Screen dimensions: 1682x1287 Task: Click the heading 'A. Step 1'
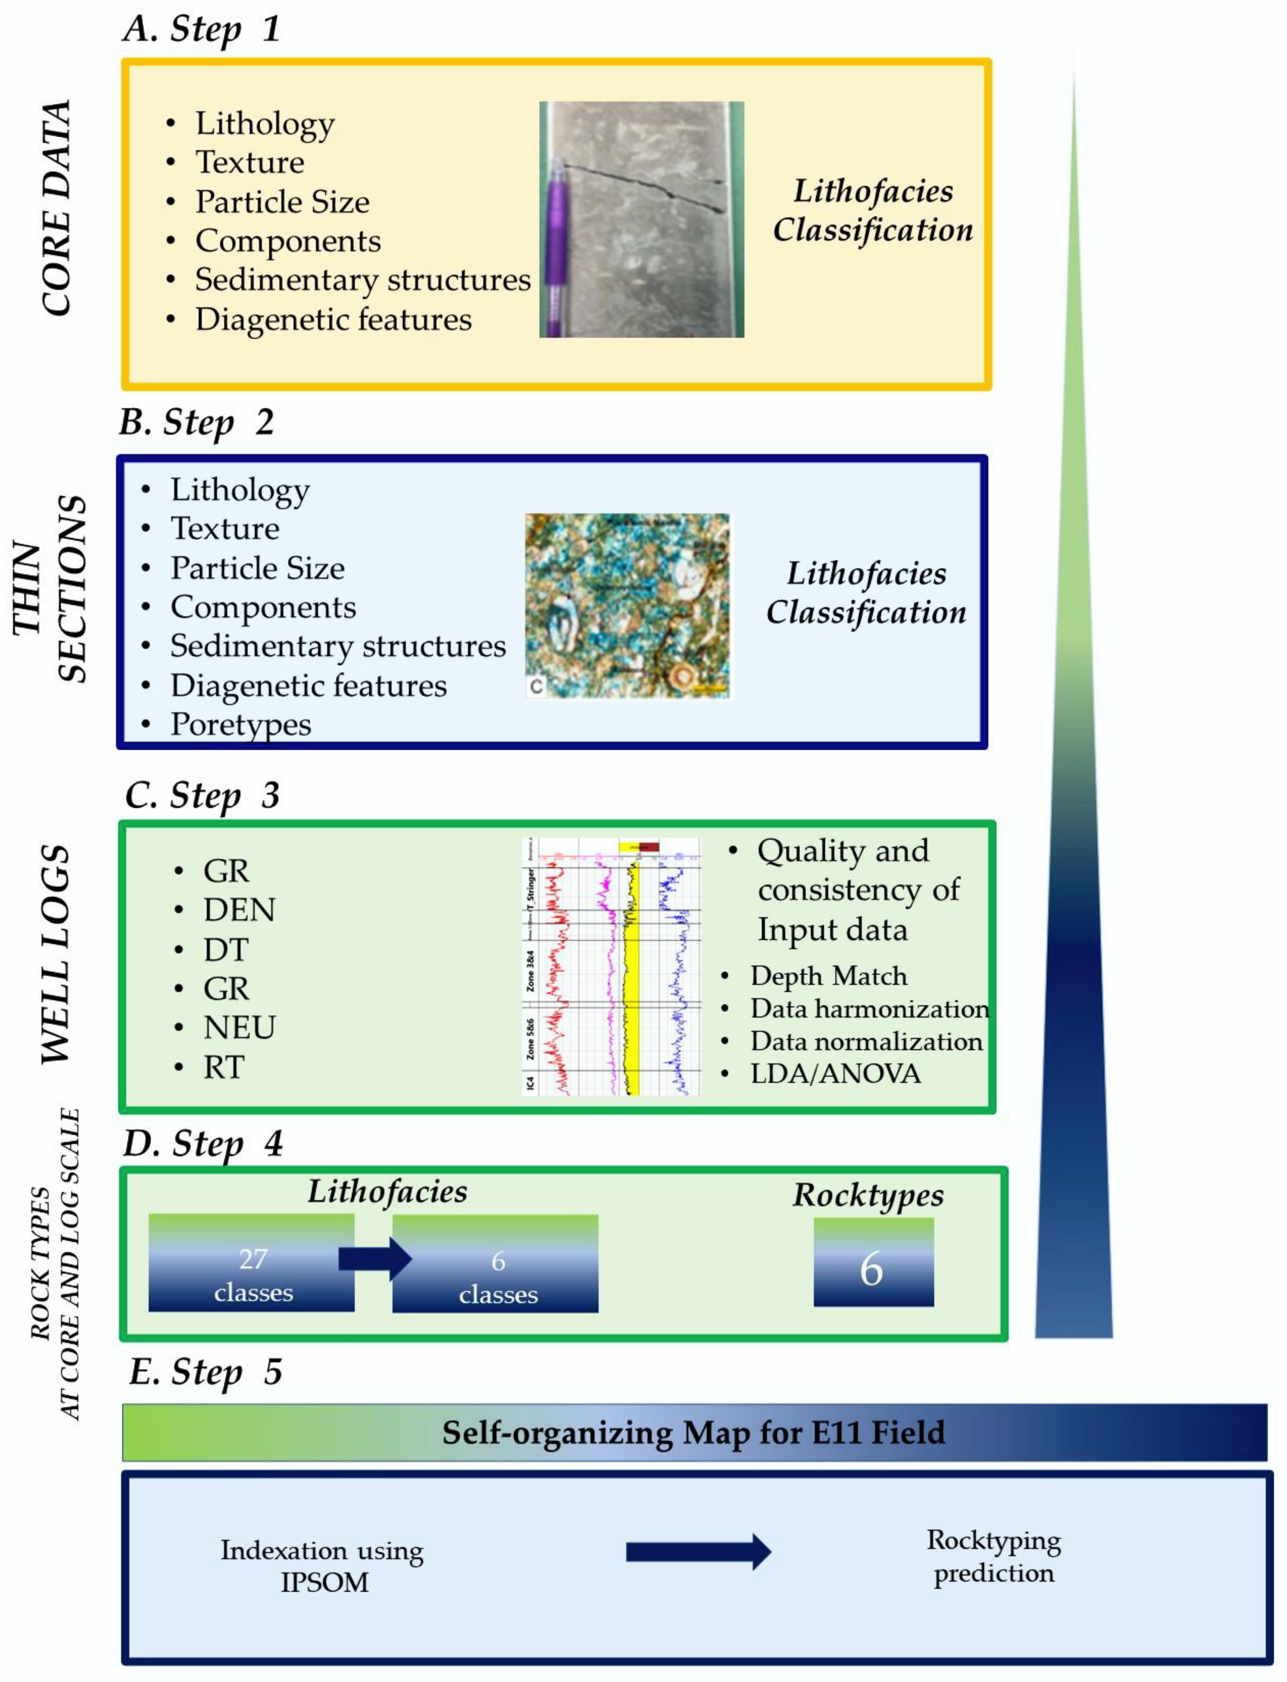pyautogui.click(x=202, y=29)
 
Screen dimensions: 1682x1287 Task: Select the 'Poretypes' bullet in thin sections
pyautogui.click(x=241, y=724)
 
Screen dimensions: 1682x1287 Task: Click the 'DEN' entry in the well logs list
pyautogui.click(x=239, y=910)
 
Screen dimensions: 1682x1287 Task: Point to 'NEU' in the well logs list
pyautogui.click(x=239, y=1027)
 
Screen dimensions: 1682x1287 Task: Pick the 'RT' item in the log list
pyautogui.click(x=224, y=1067)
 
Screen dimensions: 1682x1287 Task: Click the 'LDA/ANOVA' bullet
pyautogui.click(x=835, y=1074)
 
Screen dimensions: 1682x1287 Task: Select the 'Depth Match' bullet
pyautogui.click(x=829, y=976)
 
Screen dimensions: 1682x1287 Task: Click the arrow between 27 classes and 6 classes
pyautogui.click(x=376, y=1258)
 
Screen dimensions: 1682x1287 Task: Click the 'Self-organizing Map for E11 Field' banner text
pyautogui.click(x=693, y=1432)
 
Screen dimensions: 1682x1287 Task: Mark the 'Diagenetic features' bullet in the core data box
pyautogui.click(x=333, y=319)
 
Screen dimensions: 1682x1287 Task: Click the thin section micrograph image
pyautogui.click(x=628, y=606)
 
